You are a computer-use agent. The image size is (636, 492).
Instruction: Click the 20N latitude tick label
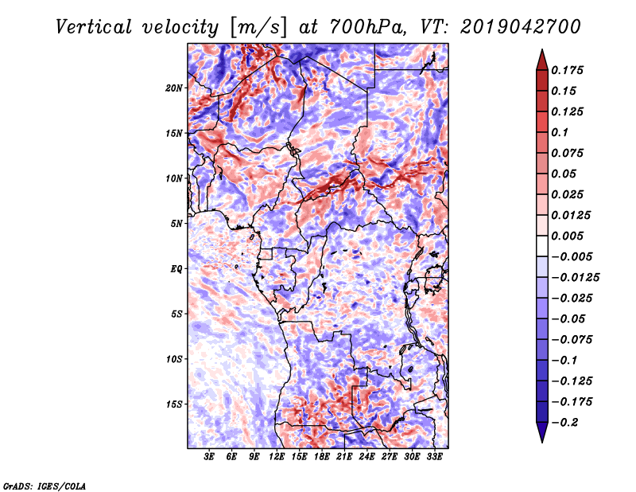coord(173,88)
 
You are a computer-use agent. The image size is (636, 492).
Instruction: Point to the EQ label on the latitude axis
coord(176,269)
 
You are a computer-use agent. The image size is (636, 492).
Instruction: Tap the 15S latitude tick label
coord(174,404)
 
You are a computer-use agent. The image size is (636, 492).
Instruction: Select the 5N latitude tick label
coord(176,224)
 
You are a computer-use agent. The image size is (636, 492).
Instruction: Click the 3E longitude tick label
coord(209,457)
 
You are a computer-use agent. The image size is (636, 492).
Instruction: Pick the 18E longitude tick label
coord(321,457)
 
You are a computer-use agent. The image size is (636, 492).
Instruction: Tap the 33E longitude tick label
coord(434,457)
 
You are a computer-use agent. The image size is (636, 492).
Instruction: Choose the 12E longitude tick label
coord(276,457)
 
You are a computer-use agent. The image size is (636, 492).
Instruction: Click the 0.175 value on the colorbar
coord(567,70)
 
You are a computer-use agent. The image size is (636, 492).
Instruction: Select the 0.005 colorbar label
coord(567,236)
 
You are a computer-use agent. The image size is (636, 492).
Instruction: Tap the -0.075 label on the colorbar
coord(572,340)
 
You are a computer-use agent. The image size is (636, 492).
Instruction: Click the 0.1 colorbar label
coord(560,132)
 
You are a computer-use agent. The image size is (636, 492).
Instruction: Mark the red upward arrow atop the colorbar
coord(542,60)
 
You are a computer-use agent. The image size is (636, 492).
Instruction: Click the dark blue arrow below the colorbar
coord(542,432)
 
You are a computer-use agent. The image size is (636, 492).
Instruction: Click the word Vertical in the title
coord(94,27)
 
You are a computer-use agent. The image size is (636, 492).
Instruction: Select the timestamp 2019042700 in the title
coord(521,27)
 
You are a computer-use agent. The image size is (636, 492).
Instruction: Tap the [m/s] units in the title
coord(258,27)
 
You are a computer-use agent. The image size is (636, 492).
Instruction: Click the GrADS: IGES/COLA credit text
coord(45,486)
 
